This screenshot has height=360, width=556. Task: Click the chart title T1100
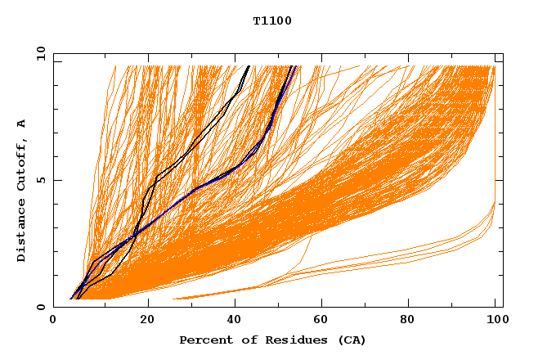click(x=272, y=20)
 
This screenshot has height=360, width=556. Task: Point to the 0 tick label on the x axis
click(x=53, y=322)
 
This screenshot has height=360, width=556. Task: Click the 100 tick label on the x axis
click(x=494, y=322)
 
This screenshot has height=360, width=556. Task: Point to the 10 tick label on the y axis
click(x=40, y=53)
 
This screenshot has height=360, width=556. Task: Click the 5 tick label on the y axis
click(x=40, y=180)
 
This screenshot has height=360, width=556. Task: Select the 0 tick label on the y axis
click(x=40, y=307)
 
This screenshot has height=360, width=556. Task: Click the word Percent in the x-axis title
click(x=202, y=340)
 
